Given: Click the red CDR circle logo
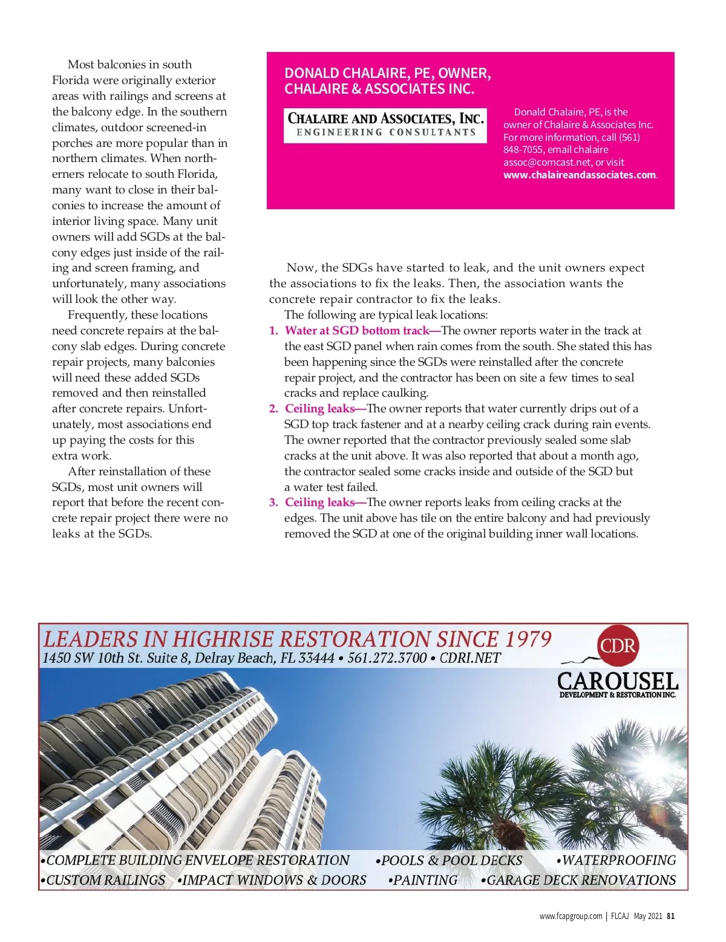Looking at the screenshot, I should click(x=617, y=646).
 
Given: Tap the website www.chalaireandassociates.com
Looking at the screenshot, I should click(x=580, y=175).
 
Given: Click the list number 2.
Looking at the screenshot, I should click(x=273, y=409).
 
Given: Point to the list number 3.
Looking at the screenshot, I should click(x=273, y=502).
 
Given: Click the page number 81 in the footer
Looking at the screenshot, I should click(x=670, y=916).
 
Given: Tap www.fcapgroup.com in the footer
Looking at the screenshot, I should click(x=571, y=916).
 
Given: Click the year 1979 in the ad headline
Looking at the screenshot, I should click(x=528, y=639).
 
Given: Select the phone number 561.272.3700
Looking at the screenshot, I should click(x=387, y=658).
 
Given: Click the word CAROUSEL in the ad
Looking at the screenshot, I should click(x=617, y=681).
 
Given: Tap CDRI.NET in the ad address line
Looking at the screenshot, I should click(x=470, y=658).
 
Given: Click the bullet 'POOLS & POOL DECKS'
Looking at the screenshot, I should click(x=449, y=860).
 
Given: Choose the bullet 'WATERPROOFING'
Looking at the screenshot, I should click(x=616, y=860).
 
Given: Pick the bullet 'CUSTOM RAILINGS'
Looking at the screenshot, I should click(x=103, y=880).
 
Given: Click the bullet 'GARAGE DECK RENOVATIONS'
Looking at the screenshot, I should click(x=578, y=880).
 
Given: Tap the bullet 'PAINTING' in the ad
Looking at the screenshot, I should click(x=423, y=880).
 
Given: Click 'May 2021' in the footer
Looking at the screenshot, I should click(x=648, y=916).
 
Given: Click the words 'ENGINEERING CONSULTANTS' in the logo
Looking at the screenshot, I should click(x=386, y=132).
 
